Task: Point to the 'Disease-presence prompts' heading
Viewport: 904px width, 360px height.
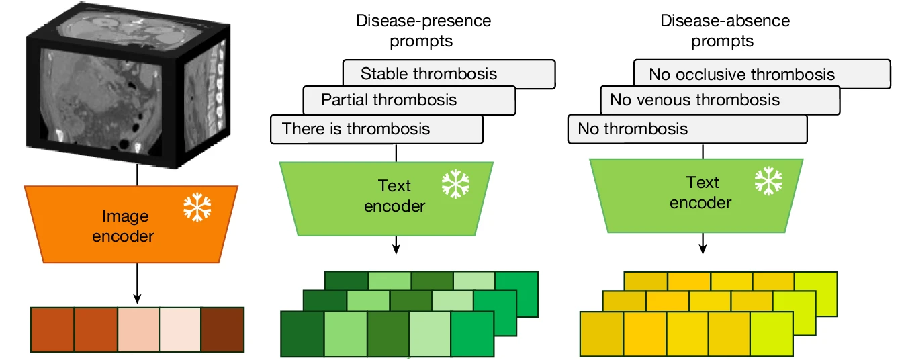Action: [x=423, y=30]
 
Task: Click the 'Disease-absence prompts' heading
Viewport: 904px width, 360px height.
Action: [x=725, y=30]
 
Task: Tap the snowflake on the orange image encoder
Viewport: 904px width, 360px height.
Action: [x=197, y=209]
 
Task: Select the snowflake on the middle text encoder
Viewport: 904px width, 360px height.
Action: [x=455, y=184]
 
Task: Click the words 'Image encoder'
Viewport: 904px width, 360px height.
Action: [x=122, y=226]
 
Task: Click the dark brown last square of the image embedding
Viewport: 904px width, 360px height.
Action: [x=222, y=330]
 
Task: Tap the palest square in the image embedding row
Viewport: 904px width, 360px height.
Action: [x=179, y=330]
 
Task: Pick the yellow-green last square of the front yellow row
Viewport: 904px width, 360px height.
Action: [x=772, y=333]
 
